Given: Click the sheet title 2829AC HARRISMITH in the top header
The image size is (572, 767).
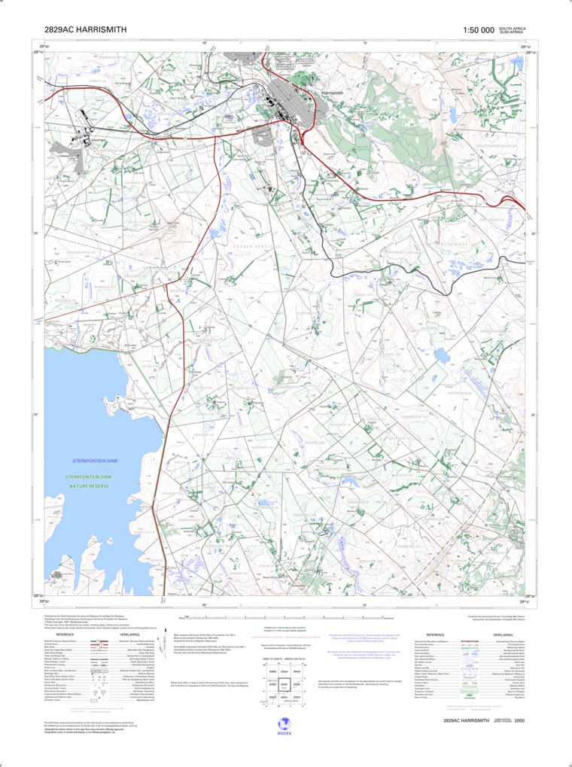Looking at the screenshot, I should point(85,30).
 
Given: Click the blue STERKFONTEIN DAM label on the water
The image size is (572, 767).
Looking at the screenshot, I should point(92,459).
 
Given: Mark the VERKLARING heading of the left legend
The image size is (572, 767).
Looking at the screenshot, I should point(129,635).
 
